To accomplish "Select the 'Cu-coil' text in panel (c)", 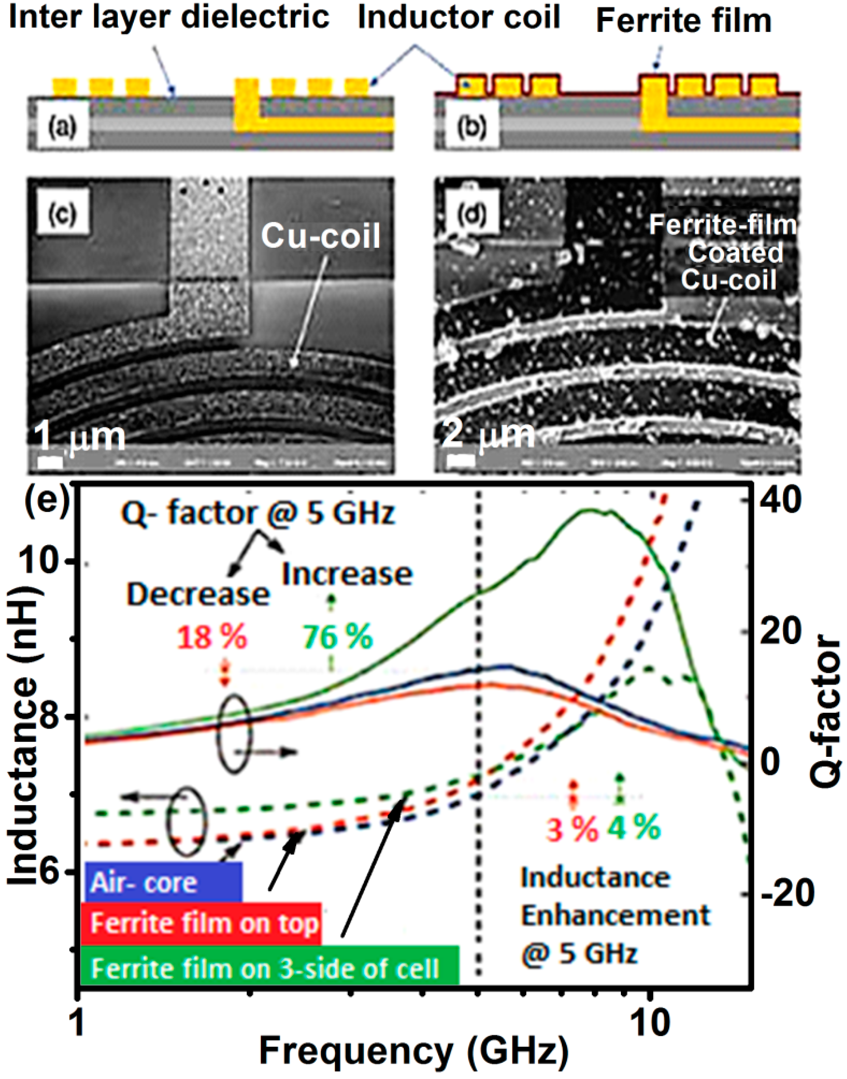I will pyautogui.click(x=320, y=236).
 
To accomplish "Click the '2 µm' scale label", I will pyautogui.click(x=488, y=435).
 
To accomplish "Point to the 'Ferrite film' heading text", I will pyautogui.click(x=684, y=21).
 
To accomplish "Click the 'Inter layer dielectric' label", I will pyautogui.click(x=169, y=17).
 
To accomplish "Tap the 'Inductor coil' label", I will pyautogui.click(x=459, y=17).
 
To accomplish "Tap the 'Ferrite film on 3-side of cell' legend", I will pyautogui.click(x=269, y=968).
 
